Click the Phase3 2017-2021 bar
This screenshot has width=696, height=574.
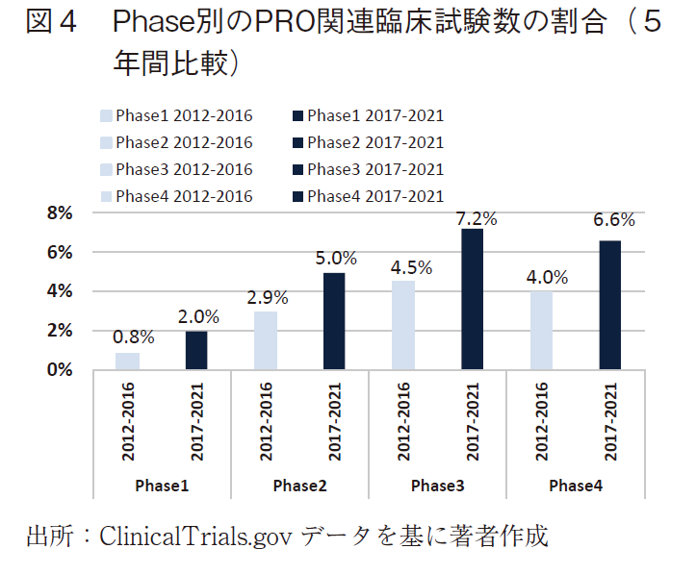pyautogui.click(x=472, y=298)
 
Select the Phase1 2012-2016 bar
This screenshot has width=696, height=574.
pyautogui.click(x=127, y=361)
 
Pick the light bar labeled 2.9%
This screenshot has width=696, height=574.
pyautogui.click(x=265, y=339)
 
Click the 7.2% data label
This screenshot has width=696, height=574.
pyautogui.click(x=477, y=218)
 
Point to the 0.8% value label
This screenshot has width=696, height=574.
pyautogui.click(x=133, y=337)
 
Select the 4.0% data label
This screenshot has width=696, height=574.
pyautogui.click(x=548, y=278)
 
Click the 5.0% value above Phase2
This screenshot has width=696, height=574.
pyautogui.click(x=337, y=258)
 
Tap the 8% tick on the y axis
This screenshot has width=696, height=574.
pyautogui.click(x=60, y=213)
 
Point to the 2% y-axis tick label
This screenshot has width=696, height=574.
pyautogui.click(x=60, y=330)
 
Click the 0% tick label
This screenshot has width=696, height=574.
pyautogui.click(x=60, y=369)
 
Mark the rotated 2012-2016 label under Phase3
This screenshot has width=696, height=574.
pyautogui.click(x=403, y=420)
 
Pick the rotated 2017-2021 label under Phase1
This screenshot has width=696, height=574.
pyautogui.click(x=196, y=420)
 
